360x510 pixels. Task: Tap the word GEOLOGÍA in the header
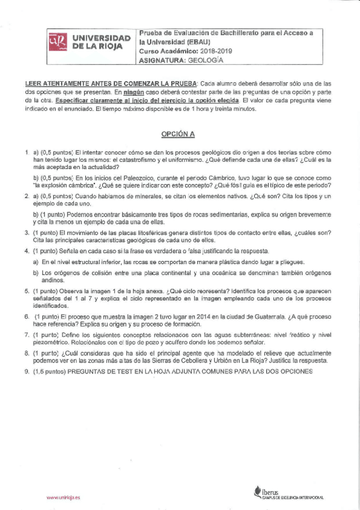207,60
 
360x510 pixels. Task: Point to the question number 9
27,371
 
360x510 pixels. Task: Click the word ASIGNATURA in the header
162,60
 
